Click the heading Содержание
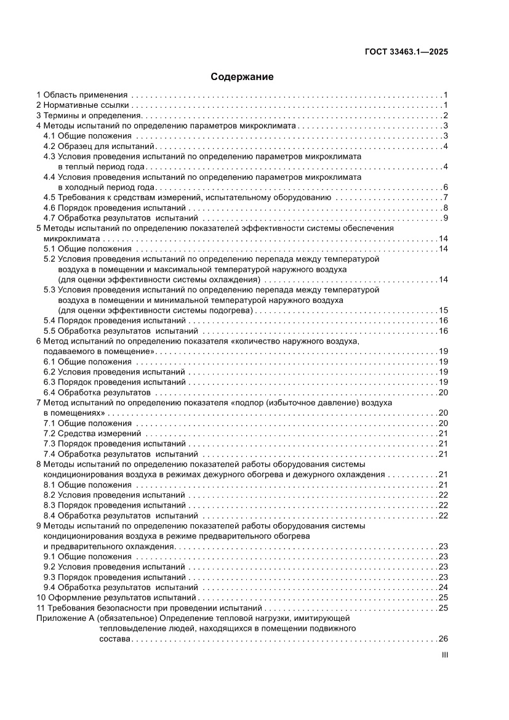[242, 77]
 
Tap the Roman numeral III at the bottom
[444, 655]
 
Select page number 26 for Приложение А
[442, 639]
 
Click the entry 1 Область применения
[82, 95]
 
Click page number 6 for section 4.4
[444, 187]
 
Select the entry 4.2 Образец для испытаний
[98, 146]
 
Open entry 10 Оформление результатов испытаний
[116, 597]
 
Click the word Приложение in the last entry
[58, 618]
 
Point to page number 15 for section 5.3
[442, 310]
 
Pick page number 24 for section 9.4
[442, 587]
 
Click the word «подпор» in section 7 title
[250, 403]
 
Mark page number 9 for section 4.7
[444, 218]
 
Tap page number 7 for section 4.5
[444, 197]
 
